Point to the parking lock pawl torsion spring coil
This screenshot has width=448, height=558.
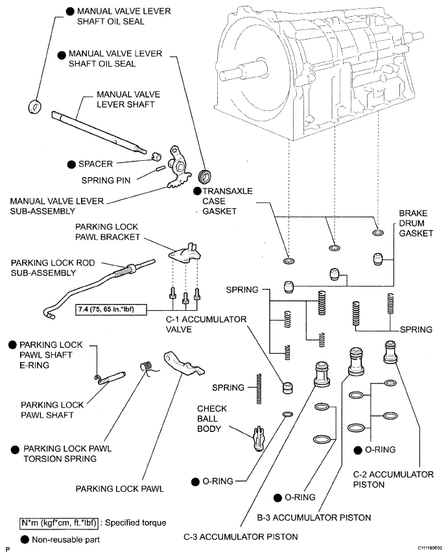(147, 367)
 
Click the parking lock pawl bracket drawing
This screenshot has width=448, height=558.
(183, 253)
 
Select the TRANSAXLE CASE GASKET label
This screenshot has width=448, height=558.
(226, 202)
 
